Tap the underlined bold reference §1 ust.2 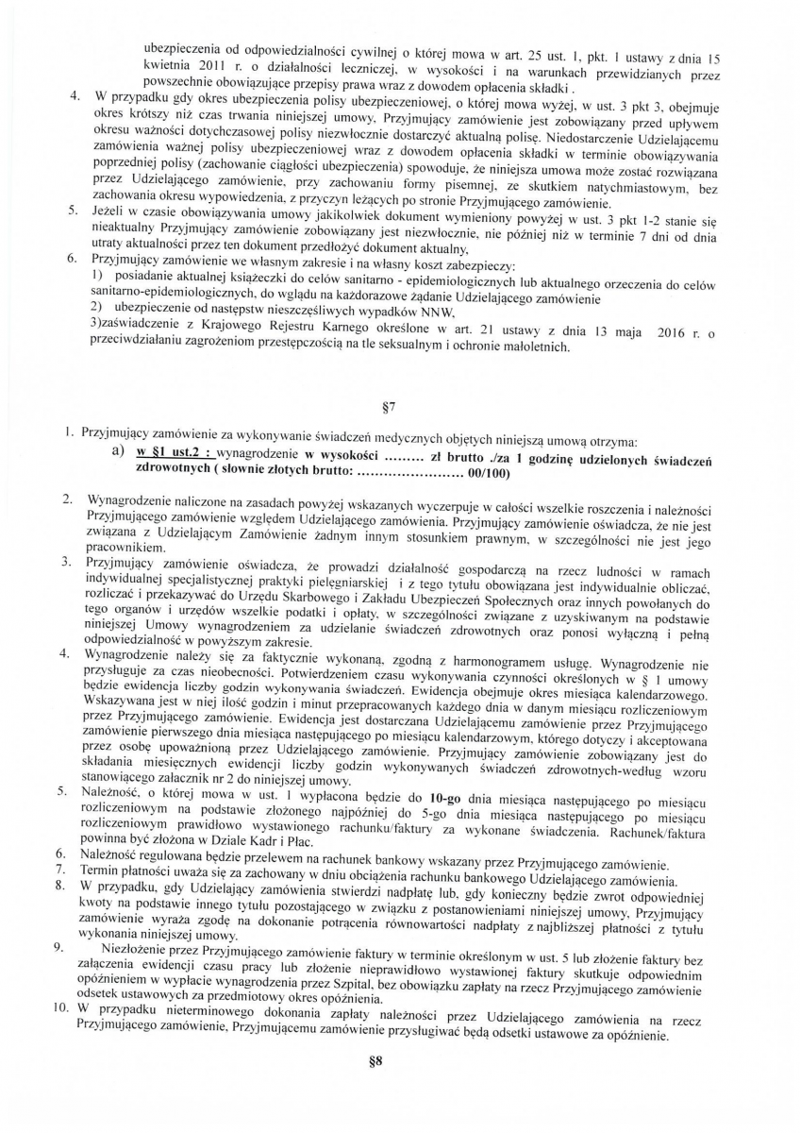pos(169,454)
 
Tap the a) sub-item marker pos(119,453)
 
